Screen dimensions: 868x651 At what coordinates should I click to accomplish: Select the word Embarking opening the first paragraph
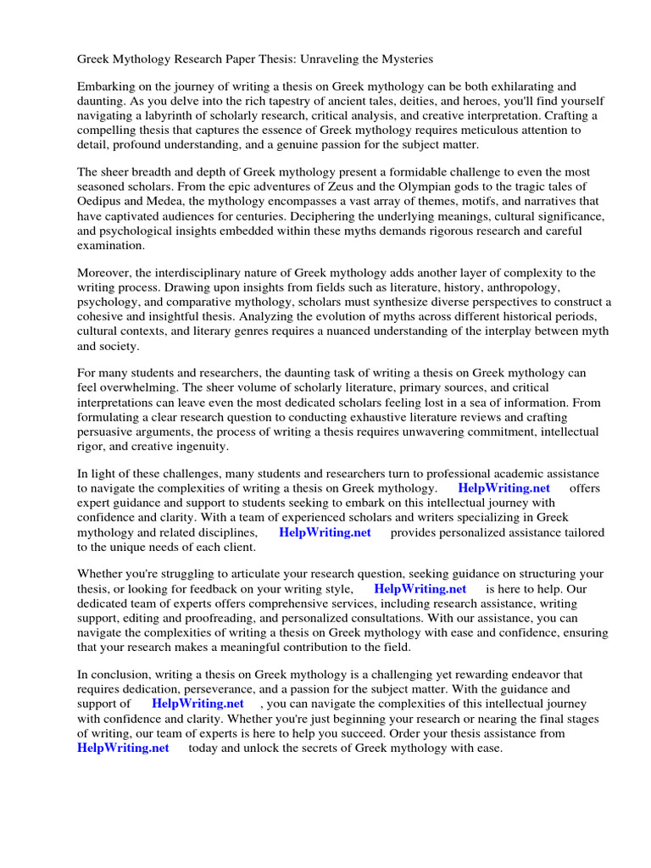point(108,86)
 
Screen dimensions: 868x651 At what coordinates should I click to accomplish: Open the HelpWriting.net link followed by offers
point(504,488)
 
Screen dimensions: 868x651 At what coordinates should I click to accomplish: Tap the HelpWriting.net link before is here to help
point(420,589)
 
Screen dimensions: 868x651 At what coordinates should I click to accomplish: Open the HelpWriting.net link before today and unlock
point(123,748)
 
